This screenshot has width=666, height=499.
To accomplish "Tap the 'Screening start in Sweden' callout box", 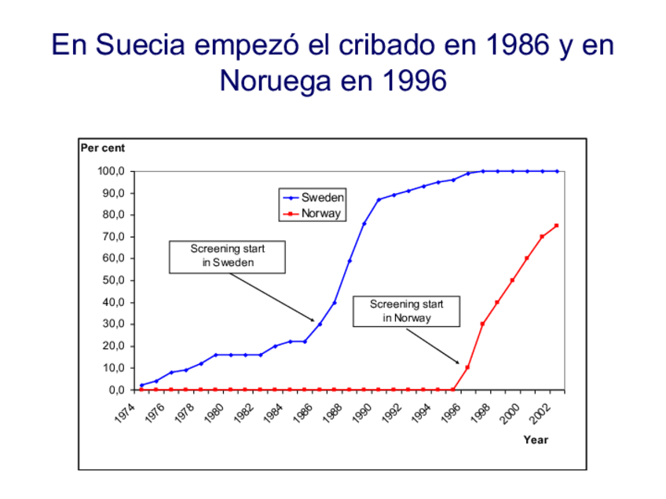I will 228,256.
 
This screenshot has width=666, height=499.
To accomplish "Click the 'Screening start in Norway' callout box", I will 407,311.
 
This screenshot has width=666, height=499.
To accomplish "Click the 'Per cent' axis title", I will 103,148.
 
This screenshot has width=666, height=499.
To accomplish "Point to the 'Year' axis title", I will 536,440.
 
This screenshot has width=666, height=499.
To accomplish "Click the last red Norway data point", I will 557,225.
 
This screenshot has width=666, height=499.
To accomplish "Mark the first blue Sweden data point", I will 141,385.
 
